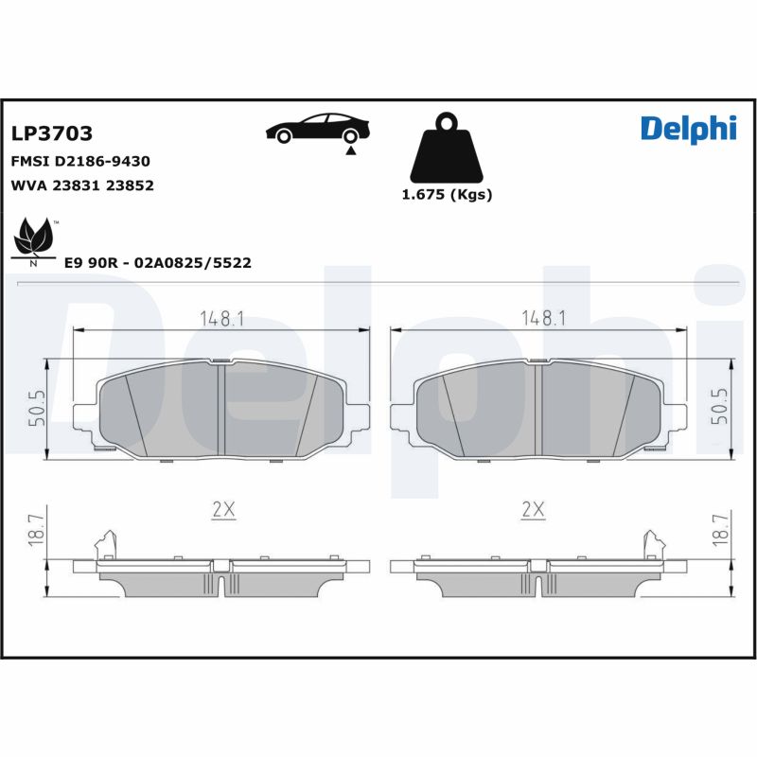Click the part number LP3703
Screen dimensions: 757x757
[x=52, y=133]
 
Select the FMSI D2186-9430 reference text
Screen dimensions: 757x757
[x=80, y=161]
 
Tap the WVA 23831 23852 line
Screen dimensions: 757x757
[x=82, y=185]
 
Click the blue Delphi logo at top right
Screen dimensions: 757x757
[x=689, y=130]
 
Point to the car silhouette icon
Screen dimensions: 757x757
[x=318, y=129]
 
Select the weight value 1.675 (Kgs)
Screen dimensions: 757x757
[x=447, y=195]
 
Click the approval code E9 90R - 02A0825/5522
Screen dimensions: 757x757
[x=158, y=263]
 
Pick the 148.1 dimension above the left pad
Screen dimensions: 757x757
[x=222, y=319]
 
